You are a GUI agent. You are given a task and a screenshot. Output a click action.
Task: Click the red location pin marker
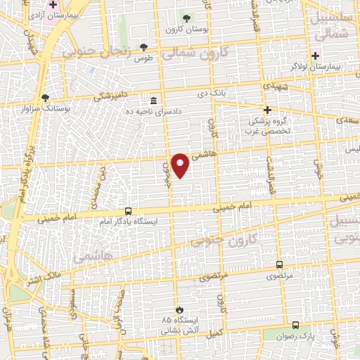[181, 165]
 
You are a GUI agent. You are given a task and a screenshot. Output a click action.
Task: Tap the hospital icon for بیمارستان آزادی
[53, 4]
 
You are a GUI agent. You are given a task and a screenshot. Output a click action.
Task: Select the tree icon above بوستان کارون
[186, 19]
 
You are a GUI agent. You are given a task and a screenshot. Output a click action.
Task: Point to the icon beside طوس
[143, 46]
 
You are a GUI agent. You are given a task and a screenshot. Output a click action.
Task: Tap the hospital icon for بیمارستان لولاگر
[315, 55]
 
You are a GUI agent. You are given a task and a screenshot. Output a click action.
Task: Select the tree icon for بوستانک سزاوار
[46, 98]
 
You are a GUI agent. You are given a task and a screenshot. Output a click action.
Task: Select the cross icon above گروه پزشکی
[267, 110]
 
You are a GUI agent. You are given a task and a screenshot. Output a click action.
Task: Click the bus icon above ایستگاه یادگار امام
[128, 210]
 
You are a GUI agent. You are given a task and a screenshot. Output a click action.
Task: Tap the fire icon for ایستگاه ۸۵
[179, 309]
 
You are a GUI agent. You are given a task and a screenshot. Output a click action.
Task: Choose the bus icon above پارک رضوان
[295, 325]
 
